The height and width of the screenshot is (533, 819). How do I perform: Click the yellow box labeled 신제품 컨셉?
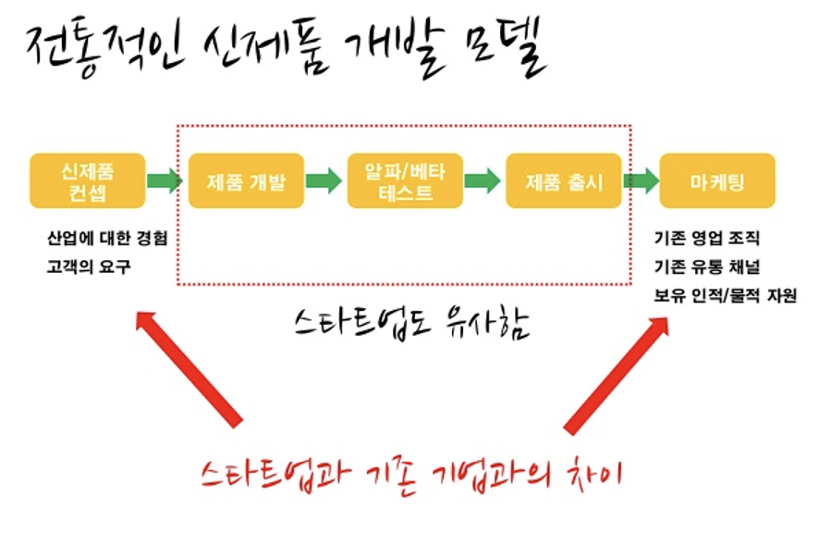click(x=87, y=180)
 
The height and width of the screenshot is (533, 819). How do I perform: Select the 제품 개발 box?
click(x=246, y=180)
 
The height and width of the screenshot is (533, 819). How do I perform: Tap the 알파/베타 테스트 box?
click(x=404, y=180)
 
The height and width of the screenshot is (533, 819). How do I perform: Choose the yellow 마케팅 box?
click(x=716, y=180)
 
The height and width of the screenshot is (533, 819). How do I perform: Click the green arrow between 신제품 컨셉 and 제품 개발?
click(x=165, y=180)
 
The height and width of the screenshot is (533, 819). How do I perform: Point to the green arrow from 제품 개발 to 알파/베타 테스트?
click(x=324, y=180)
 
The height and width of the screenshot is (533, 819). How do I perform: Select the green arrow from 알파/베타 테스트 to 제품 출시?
click(x=483, y=180)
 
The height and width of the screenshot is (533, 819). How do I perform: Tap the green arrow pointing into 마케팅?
click(x=640, y=180)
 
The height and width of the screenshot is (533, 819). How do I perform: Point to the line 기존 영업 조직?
click(x=705, y=238)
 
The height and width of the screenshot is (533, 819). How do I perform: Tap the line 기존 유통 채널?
click(x=705, y=267)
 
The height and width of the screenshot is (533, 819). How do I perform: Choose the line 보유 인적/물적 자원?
click(x=724, y=296)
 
